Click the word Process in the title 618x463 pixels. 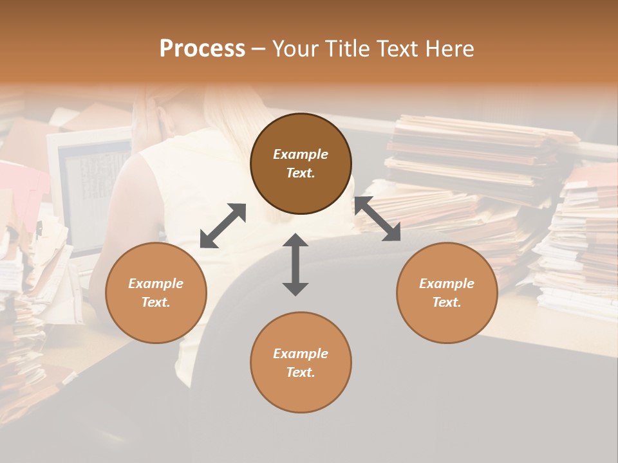(x=202, y=49)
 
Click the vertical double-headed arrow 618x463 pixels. (x=295, y=264)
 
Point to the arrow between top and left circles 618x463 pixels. (x=223, y=225)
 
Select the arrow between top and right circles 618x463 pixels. (x=377, y=219)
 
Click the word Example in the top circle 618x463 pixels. (x=301, y=154)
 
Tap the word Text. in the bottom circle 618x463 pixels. (x=301, y=372)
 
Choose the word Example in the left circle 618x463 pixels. (x=156, y=284)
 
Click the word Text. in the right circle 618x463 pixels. (x=447, y=302)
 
